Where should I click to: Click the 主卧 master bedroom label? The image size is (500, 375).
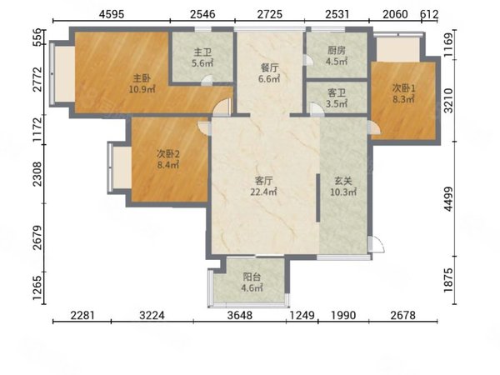point(142,77)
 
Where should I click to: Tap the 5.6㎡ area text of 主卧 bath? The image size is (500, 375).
point(202,63)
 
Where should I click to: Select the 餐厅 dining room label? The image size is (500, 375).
point(269,67)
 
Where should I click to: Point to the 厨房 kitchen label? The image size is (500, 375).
point(337,50)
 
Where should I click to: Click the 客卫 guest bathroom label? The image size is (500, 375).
point(337,93)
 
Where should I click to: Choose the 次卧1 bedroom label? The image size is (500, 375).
point(403,88)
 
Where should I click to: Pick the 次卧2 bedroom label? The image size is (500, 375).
point(168,154)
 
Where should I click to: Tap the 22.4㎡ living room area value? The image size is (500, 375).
point(263,192)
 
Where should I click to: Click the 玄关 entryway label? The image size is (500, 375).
point(343,181)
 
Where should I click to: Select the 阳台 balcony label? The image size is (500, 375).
point(252,277)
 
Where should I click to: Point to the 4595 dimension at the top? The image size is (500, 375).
point(112,14)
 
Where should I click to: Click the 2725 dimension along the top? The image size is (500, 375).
point(270,14)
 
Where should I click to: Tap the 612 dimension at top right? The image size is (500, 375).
point(429,14)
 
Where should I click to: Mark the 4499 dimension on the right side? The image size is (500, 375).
point(448,198)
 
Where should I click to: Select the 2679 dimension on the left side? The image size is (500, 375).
point(37,237)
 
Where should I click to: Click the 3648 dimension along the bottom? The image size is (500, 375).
point(240,315)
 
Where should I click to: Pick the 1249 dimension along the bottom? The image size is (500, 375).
point(302,315)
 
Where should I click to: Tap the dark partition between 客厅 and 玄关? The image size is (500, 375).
point(318,197)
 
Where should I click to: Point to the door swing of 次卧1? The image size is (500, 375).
point(373,128)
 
